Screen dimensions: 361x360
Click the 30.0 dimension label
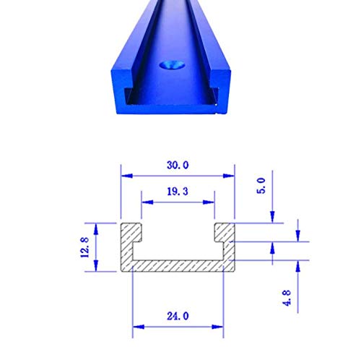coord(178,165)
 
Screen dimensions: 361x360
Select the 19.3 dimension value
coord(178,192)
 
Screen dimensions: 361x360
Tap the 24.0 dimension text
coord(178,316)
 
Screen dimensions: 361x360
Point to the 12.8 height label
coord(84,247)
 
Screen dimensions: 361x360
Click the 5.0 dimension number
coord(261,186)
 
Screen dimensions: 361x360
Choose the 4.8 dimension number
coord(287,298)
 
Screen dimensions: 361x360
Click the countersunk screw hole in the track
coord(172,65)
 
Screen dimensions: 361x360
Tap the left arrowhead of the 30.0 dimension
coord(127,176)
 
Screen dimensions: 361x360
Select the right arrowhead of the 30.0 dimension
coord(229,176)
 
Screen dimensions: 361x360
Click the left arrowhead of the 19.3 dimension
coord(147,202)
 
